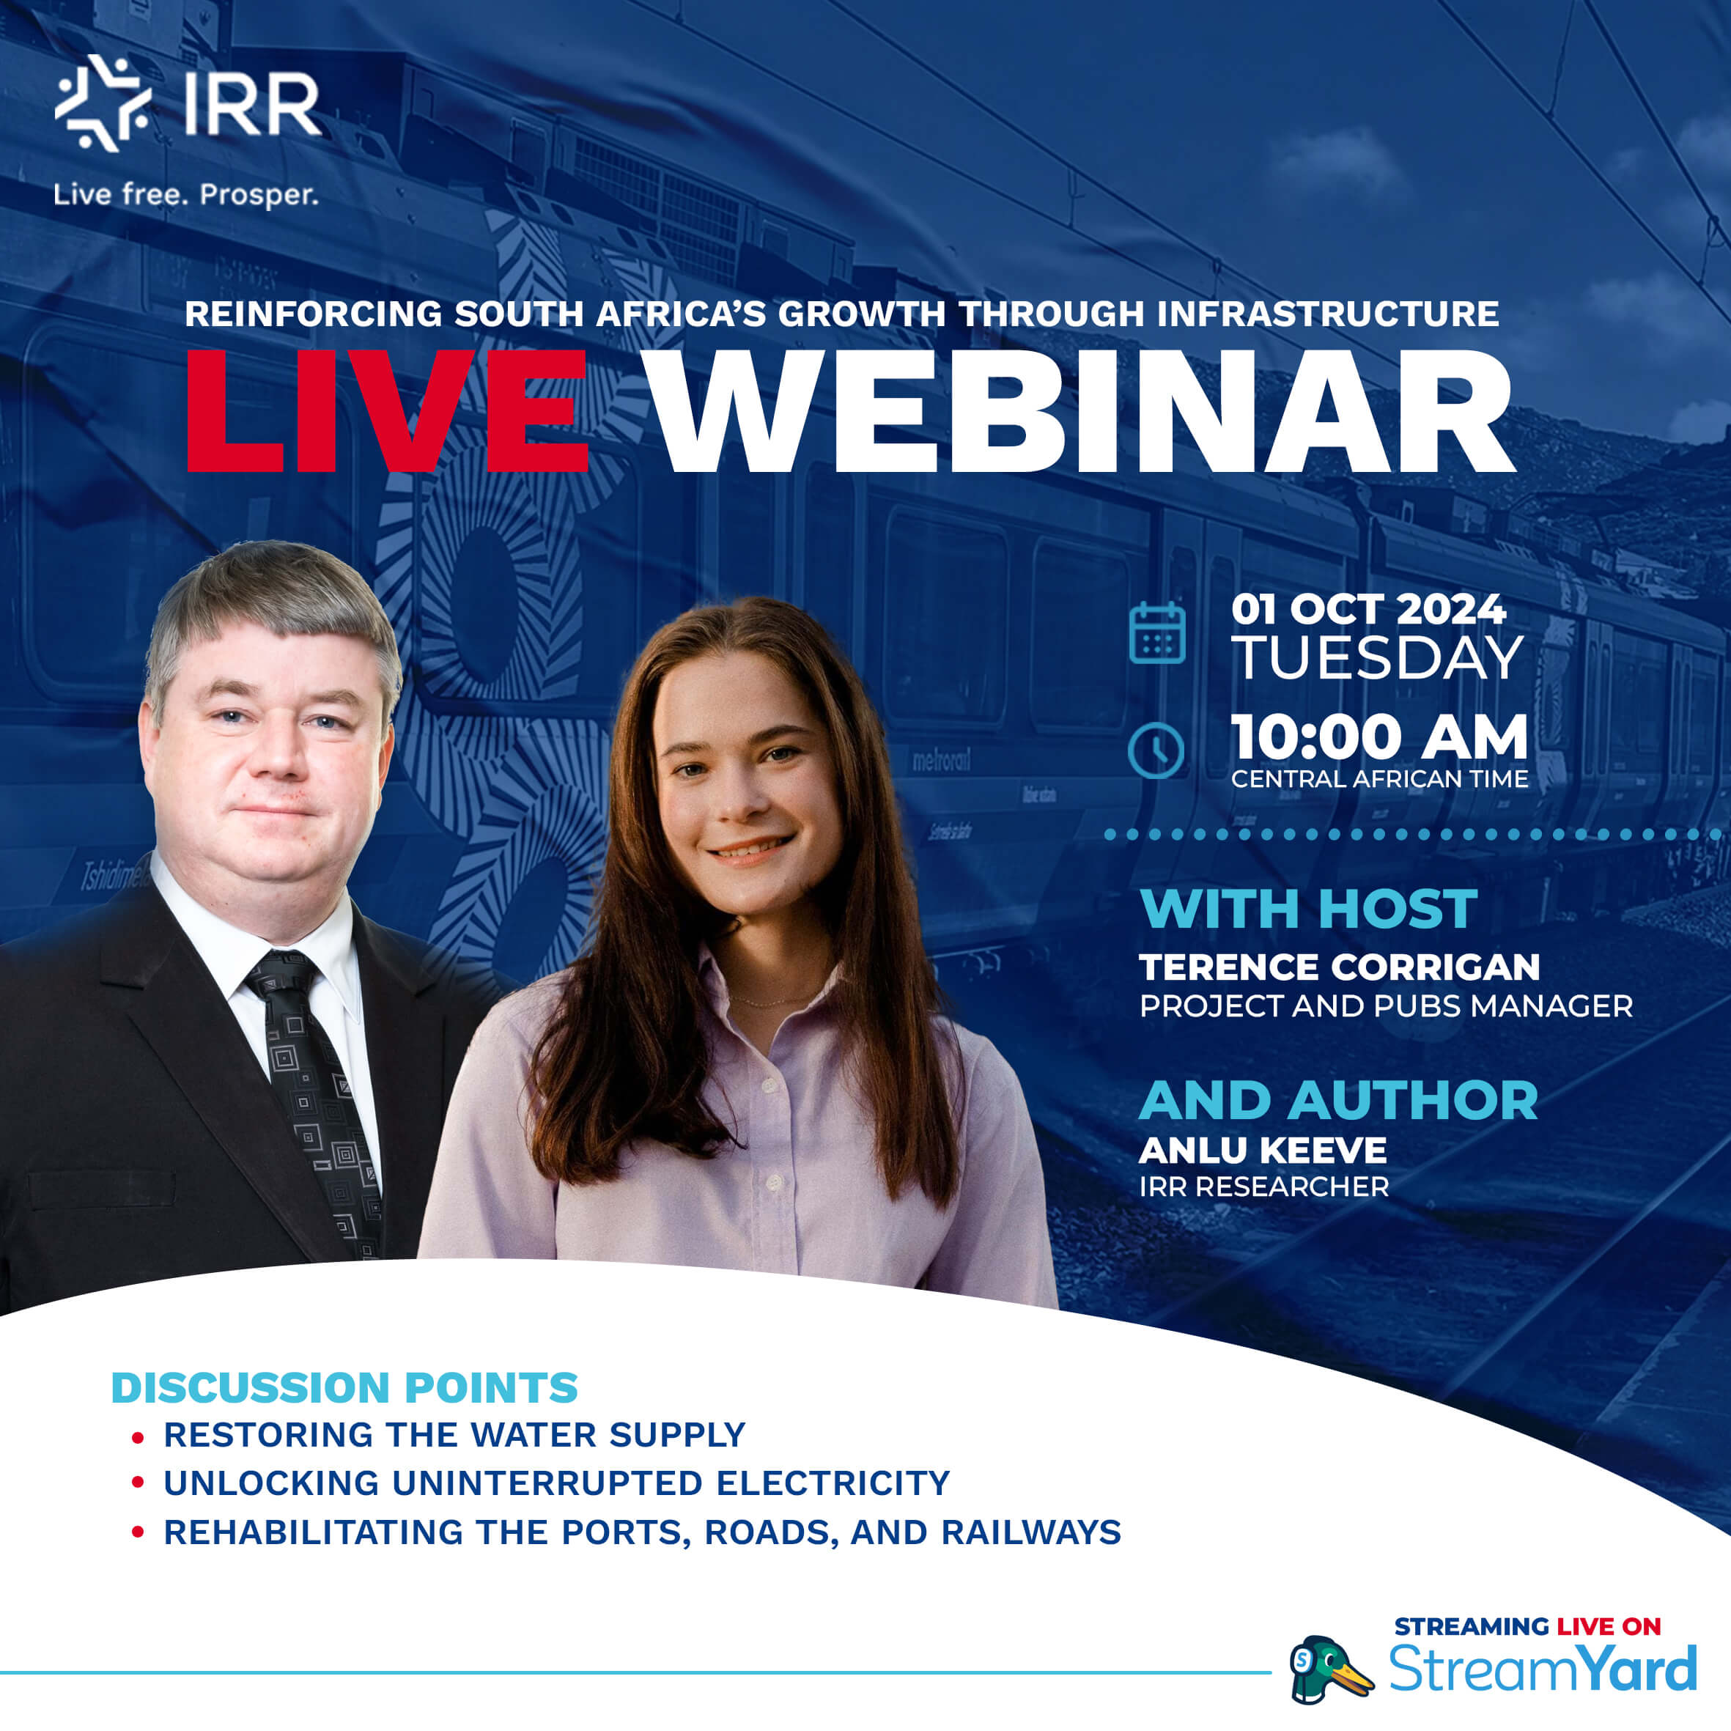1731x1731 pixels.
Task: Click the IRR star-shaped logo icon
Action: [101, 103]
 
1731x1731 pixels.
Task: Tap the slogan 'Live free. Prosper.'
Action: [185, 193]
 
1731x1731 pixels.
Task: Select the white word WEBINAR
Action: [1080, 412]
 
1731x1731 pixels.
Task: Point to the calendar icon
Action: [1156, 633]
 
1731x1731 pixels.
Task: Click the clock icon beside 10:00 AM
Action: [1156, 750]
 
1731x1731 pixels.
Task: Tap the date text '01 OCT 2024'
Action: [1368, 610]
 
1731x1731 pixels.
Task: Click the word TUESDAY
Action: [1377, 659]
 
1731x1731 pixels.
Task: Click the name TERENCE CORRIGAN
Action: [1340, 967]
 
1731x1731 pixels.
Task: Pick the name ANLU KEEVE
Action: [1263, 1150]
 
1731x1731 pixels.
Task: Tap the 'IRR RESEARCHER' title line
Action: [1263, 1186]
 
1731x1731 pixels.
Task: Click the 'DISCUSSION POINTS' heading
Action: [344, 1388]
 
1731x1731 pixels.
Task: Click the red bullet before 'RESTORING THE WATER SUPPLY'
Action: [137, 1438]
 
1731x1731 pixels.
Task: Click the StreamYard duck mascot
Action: [1328, 1670]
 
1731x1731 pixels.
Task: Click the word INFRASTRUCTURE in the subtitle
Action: [1327, 314]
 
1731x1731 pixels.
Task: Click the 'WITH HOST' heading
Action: [1308, 909]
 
